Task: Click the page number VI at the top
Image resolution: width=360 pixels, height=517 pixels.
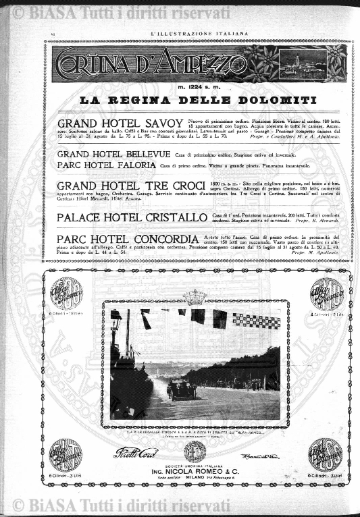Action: click(52, 33)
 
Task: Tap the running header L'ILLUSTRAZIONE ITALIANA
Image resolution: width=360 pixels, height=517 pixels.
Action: click(199, 33)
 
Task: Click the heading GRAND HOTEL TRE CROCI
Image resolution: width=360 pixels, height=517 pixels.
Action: click(131, 186)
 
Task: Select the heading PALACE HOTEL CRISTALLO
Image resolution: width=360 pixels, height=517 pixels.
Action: click(132, 217)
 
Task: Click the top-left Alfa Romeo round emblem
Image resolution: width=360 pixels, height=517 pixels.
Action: click(66, 292)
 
